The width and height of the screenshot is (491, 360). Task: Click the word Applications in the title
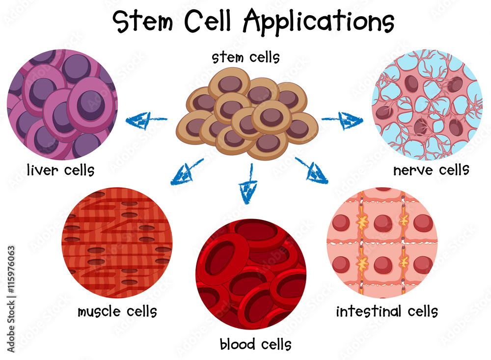tap(319, 22)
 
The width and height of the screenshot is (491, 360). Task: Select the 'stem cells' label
tap(245, 57)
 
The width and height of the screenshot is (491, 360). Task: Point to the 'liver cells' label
tap(61, 170)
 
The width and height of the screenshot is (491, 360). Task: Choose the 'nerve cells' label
tap(431, 170)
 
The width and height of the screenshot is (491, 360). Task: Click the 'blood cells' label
tap(255, 344)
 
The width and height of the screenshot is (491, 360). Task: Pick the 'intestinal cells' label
tap(387, 311)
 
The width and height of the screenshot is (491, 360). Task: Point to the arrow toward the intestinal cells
tap(312, 171)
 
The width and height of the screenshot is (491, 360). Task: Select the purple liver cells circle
tap(62, 104)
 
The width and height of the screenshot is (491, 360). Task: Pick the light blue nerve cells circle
tap(427, 105)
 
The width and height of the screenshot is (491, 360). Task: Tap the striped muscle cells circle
tap(117, 242)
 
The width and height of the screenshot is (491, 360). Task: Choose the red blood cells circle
tap(250, 274)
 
